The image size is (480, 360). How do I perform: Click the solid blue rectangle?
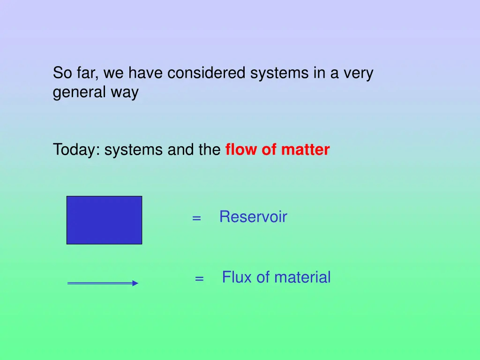104,220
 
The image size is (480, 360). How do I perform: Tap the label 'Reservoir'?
253,217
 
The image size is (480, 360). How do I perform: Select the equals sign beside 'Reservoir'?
196,218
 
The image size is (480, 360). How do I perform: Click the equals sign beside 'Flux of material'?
199,278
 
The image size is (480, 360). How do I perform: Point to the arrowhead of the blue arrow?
135,283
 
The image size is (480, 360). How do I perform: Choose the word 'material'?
302,277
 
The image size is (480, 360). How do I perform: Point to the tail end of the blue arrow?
69,283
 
